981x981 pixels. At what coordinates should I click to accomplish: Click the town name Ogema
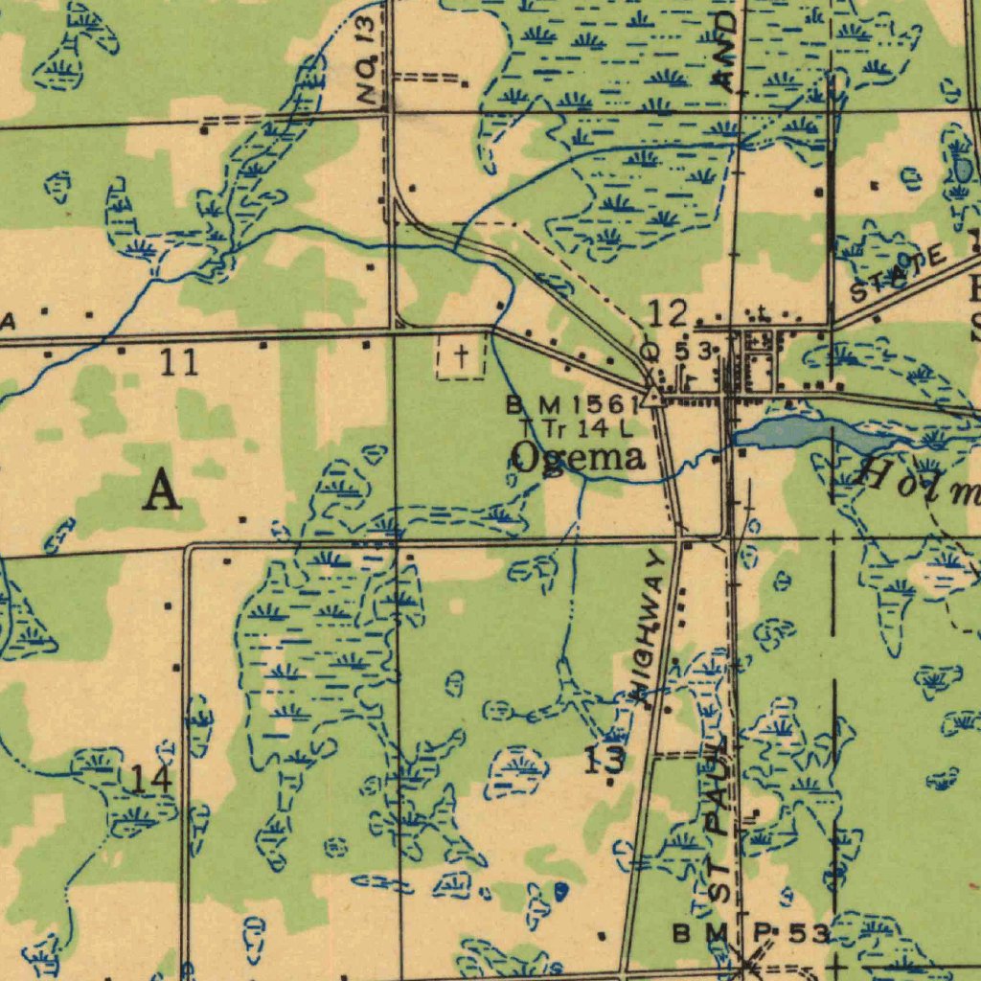578,458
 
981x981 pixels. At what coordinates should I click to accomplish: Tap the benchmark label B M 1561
572,404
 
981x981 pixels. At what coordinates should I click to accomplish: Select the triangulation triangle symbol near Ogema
653,397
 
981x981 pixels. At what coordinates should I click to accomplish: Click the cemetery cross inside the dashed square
462,358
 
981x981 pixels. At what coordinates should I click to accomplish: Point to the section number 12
667,313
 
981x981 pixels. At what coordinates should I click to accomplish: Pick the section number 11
178,362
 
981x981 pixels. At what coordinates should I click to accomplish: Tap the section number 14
150,779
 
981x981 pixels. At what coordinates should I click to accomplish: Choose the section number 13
605,761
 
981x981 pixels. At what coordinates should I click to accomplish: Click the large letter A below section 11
162,492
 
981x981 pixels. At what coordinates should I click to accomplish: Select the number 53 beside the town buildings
694,352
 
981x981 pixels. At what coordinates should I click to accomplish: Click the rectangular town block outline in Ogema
760,372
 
